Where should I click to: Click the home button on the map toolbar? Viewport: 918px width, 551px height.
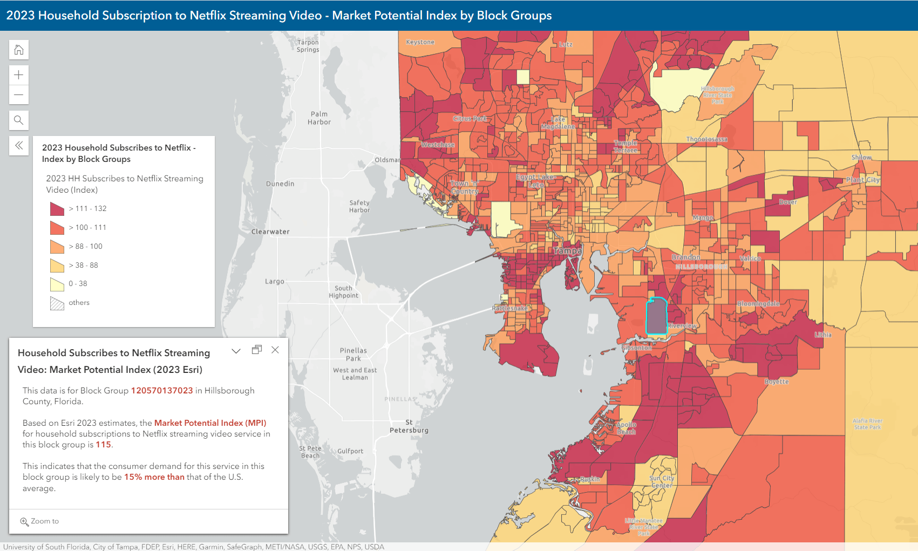coord(19,50)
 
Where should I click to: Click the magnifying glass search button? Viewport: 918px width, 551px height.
coord(19,120)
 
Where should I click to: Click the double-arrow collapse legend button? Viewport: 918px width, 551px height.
coord(19,145)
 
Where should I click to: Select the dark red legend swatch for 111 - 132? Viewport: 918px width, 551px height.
coord(57,209)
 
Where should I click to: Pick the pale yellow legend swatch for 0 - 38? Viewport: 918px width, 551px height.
coord(57,284)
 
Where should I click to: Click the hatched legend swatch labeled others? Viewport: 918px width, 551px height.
coord(57,303)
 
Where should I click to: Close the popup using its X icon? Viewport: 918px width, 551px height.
coord(275,350)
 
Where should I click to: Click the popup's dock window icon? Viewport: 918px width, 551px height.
coord(257,350)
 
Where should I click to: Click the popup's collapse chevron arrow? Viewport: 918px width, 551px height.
coord(236,351)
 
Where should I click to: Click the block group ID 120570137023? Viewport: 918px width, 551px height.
coord(162,391)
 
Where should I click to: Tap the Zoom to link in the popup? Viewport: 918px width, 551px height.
coord(40,521)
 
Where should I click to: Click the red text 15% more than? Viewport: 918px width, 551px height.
coord(154,477)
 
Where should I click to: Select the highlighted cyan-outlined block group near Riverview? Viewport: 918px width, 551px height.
coord(656,317)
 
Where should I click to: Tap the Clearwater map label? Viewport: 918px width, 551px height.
coord(270,232)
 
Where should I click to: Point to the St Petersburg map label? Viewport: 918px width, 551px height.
coord(409,426)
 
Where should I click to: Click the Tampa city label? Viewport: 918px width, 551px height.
coord(568,251)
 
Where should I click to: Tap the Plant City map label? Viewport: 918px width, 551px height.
coord(863,180)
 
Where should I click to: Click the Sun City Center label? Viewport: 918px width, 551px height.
coord(662,482)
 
